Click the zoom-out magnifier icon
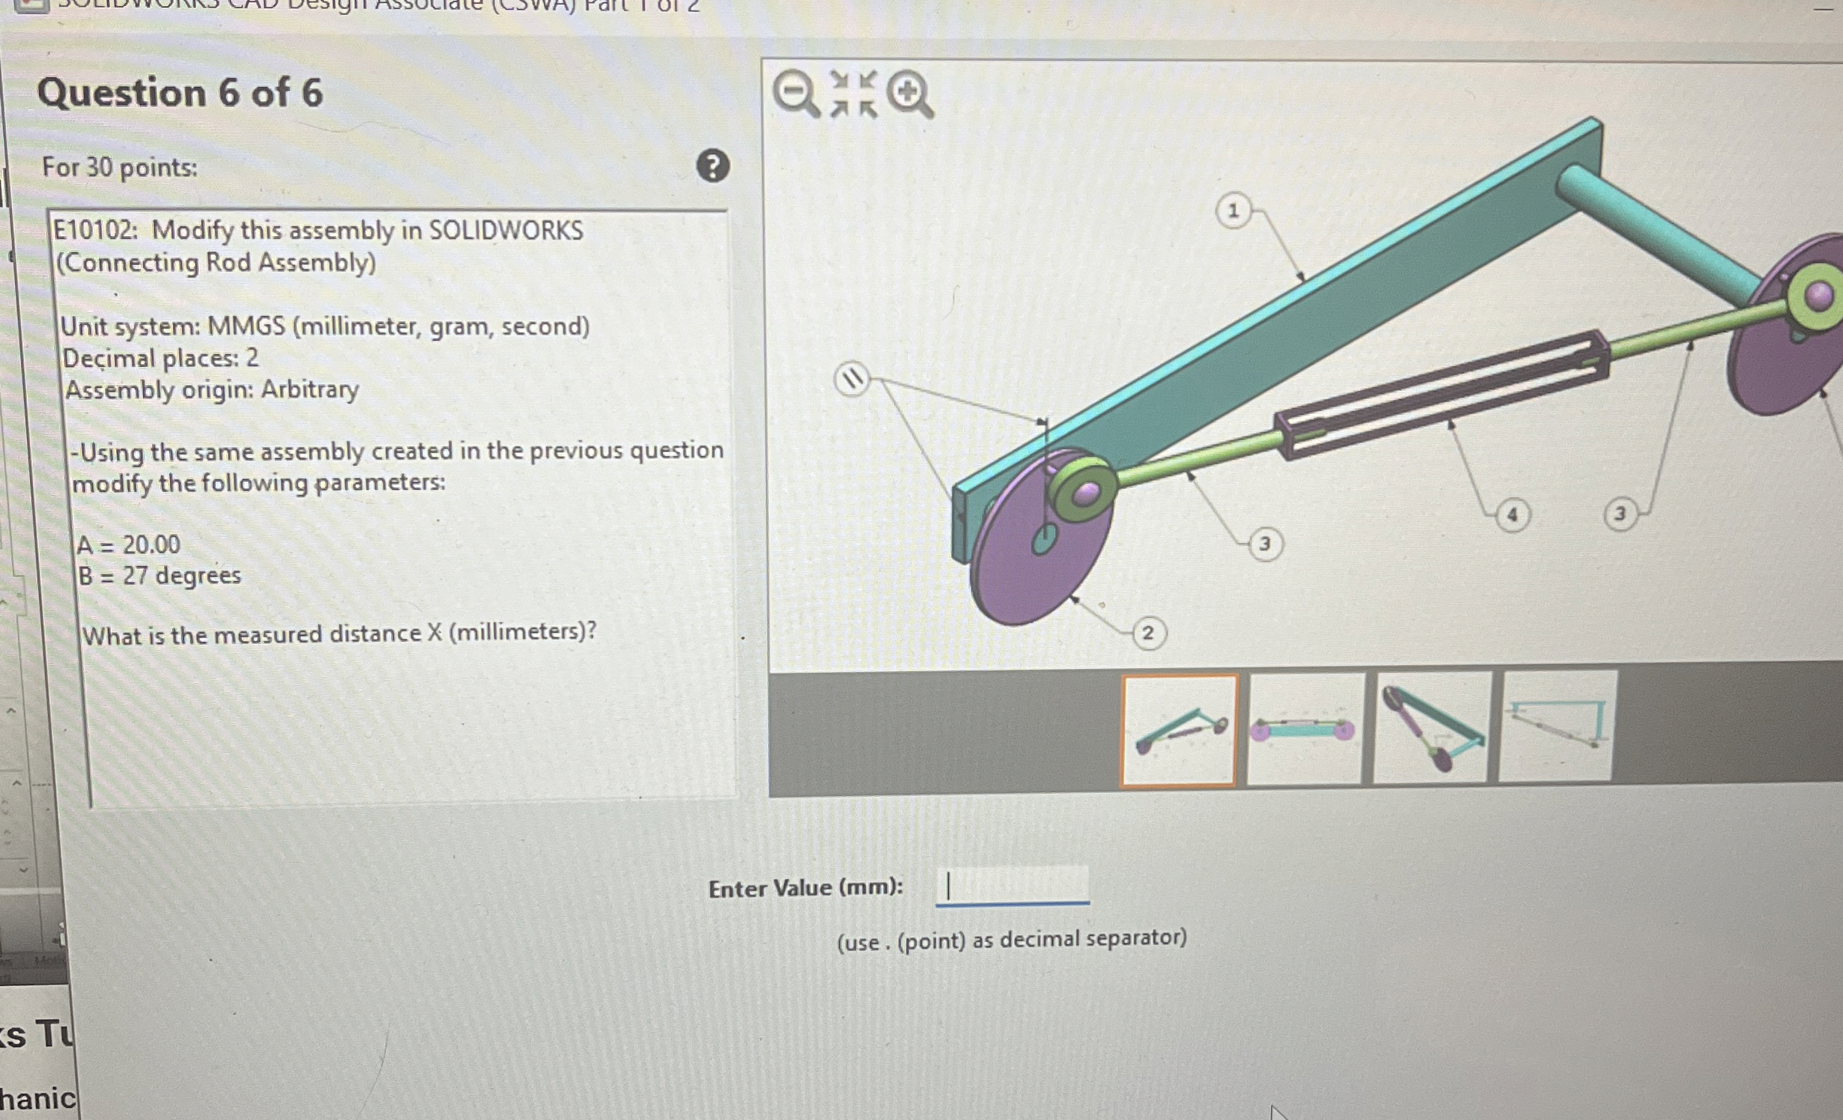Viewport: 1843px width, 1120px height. pyautogui.click(x=794, y=94)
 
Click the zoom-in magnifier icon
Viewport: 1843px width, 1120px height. pyautogui.click(x=910, y=95)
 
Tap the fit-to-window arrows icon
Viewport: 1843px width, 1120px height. pyautogui.click(x=854, y=95)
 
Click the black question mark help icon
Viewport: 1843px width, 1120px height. pyautogui.click(x=713, y=165)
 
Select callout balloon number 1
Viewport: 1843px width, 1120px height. pyautogui.click(x=1233, y=211)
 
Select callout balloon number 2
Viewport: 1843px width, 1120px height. pyautogui.click(x=1147, y=633)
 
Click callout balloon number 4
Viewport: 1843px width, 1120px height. pyautogui.click(x=1511, y=515)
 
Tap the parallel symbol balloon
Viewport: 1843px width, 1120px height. pyautogui.click(x=852, y=379)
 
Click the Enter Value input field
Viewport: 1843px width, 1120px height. pyautogui.click(x=1012, y=887)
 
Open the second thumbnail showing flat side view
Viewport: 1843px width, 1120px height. pyautogui.click(x=1304, y=729)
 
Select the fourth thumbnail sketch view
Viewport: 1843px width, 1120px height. pyautogui.click(x=1556, y=727)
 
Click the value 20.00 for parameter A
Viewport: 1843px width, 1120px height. pyautogui.click(x=151, y=544)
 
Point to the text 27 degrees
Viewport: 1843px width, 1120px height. pyautogui.click(x=182, y=576)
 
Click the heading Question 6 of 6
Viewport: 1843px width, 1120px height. pyautogui.click(x=180, y=92)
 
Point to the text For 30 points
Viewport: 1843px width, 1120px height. pyautogui.click(x=120, y=167)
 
